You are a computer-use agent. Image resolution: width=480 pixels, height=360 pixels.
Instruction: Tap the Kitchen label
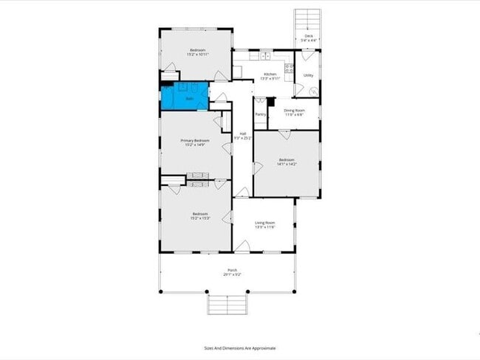click(x=270, y=74)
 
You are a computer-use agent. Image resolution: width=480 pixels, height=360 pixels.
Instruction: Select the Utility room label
click(x=308, y=75)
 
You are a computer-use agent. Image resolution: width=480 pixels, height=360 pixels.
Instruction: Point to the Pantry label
click(x=260, y=114)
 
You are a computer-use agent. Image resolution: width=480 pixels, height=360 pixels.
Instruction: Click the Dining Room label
click(x=294, y=111)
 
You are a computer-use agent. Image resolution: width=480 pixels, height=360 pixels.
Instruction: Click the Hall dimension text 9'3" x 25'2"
click(x=242, y=138)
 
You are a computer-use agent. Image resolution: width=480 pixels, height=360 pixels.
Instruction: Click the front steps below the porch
click(x=226, y=303)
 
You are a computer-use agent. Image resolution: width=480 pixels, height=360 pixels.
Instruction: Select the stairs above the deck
click(x=308, y=19)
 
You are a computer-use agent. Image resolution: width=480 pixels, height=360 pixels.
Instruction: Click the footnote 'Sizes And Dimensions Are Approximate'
click(x=240, y=348)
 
